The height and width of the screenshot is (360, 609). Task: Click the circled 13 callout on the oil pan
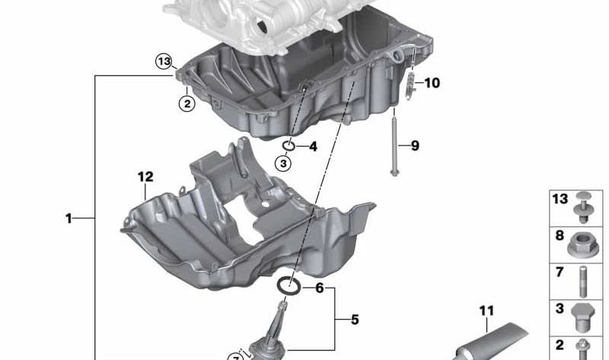pyautogui.click(x=164, y=62)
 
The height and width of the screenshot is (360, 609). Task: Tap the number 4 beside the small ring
pyautogui.click(x=313, y=146)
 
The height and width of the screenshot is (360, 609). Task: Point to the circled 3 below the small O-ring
pyautogui.click(x=282, y=162)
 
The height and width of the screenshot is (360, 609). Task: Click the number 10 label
pyautogui.click(x=432, y=83)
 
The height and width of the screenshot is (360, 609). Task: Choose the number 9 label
pyautogui.click(x=415, y=145)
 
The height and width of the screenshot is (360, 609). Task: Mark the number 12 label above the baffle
pyautogui.click(x=145, y=177)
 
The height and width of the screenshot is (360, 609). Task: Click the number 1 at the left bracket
pyautogui.click(x=69, y=218)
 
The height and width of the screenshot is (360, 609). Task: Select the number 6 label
pyautogui.click(x=319, y=288)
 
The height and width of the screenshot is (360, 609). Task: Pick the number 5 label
pyautogui.click(x=354, y=320)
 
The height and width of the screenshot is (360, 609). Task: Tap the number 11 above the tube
pyautogui.click(x=486, y=310)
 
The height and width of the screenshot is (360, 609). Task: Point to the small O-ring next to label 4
pyautogui.click(x=289, y=145)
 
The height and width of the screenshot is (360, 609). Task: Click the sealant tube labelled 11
pyautogui.click(x=495, y=339)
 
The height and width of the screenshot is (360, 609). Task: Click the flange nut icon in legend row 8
pyautogui.click(x=582, y=244)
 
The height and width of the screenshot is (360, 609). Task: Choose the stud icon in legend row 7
pyautogui.click(x=582, y=279)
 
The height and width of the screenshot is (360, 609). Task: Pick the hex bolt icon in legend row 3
pyautogui.click(x=582, y=314)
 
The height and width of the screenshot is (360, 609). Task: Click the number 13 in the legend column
pyautogui.click(x=560, y=199)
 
